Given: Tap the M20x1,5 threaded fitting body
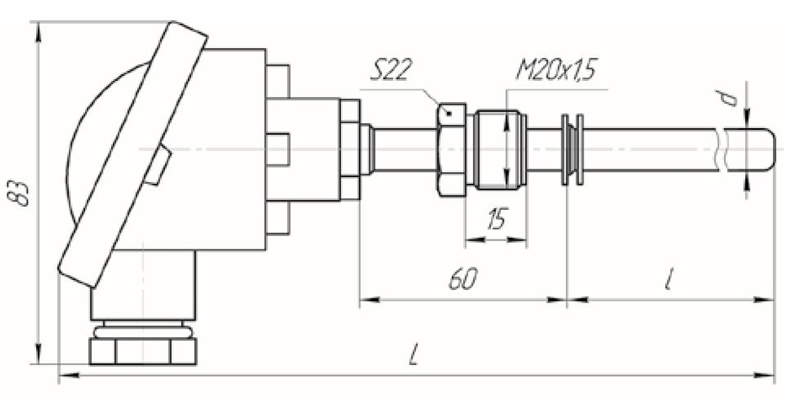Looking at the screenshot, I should tap(498, 150).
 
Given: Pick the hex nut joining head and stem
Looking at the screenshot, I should tap(349, 150).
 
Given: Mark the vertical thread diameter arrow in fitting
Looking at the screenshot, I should tap(506, 150).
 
